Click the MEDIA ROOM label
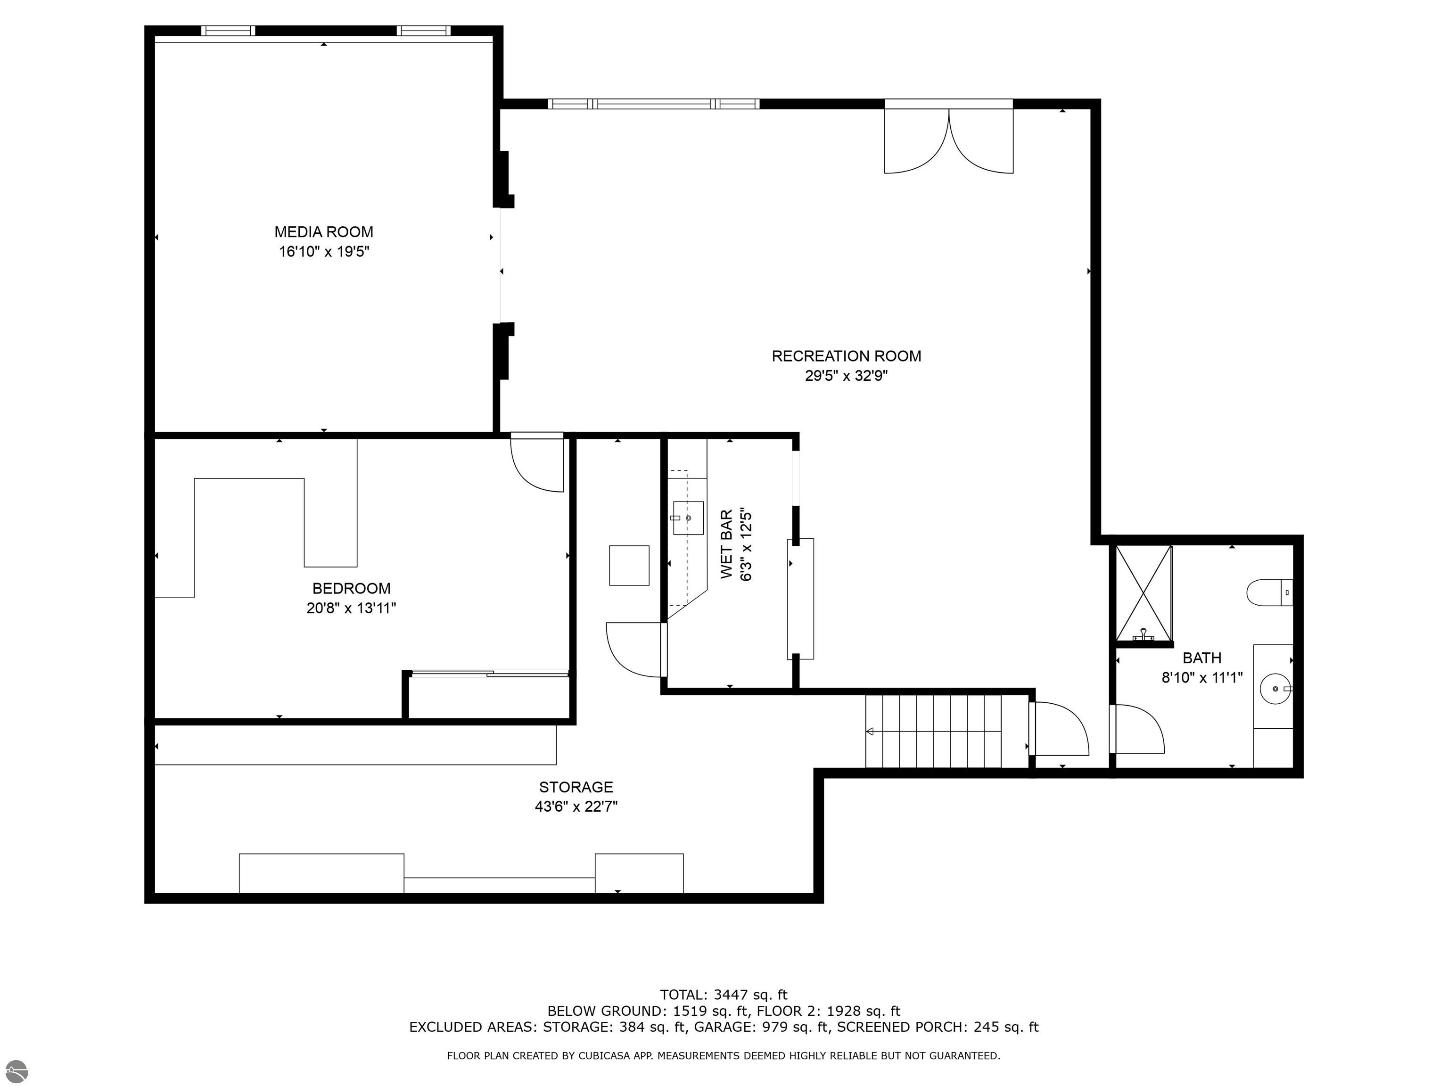point(323,232)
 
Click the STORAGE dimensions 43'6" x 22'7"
point(576,806)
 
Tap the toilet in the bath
point(1268,592)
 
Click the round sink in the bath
point(1275,689)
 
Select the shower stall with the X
point(1144,593)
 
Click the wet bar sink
point(688,518)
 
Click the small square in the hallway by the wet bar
point(629,566)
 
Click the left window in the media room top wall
point(228,31)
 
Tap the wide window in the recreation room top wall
point(653,103)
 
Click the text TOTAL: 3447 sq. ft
point(724,995)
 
